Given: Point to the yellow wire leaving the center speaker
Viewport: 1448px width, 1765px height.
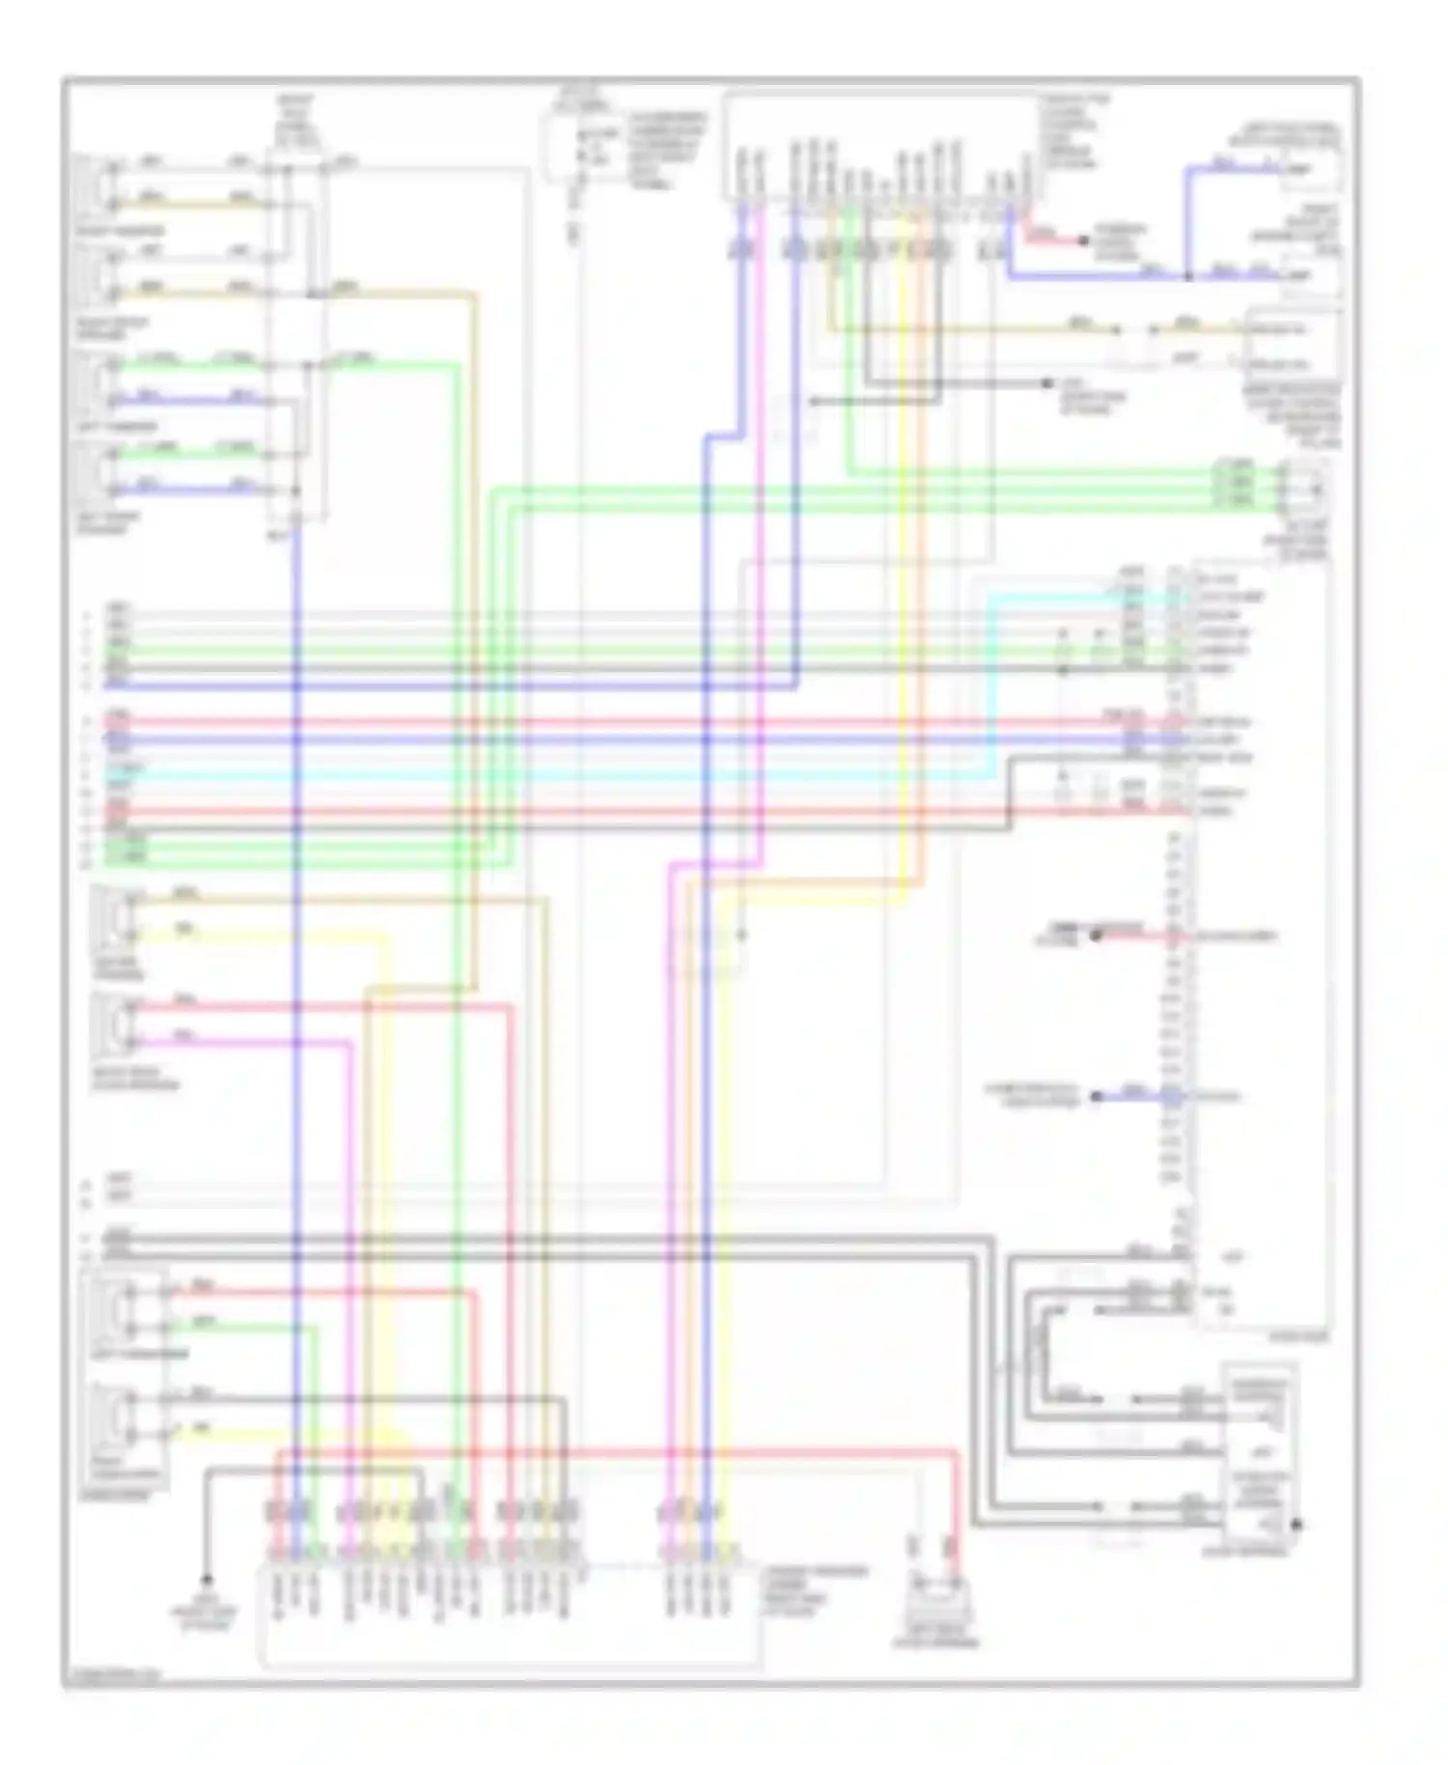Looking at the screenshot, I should coord(290,936).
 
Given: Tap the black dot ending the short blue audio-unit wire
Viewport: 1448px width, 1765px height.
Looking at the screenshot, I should coord(1096,1097).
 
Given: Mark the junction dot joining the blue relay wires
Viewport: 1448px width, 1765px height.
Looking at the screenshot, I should coord(1188,277).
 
